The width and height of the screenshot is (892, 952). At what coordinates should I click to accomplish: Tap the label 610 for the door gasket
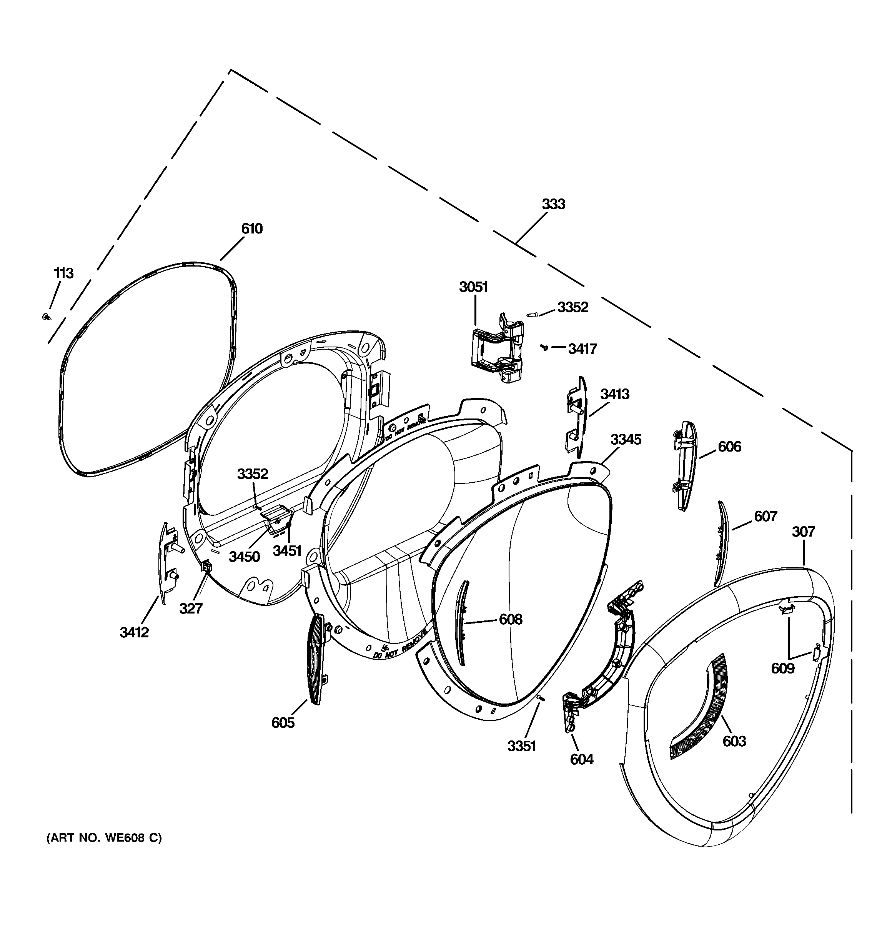point(251,229)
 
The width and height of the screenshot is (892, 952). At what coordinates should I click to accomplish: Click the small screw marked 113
point(47,316)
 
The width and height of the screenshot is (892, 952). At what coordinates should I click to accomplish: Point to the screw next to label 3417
point(544,348)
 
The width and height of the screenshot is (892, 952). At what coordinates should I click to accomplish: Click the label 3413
point(615,394)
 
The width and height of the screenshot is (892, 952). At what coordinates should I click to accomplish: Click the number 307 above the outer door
point(803,532)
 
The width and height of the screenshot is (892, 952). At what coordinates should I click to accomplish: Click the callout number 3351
point(521,746)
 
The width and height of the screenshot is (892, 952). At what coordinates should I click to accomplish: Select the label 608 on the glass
point(510,619)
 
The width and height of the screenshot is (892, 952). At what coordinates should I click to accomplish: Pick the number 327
point(191,609)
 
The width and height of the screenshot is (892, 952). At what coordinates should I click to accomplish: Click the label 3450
point(244,557)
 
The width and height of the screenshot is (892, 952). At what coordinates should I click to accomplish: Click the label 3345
point(626,440)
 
